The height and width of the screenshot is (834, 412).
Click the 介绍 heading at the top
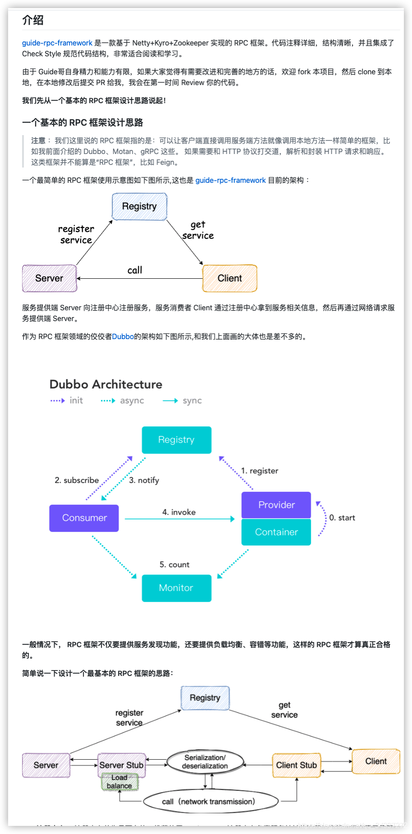33,20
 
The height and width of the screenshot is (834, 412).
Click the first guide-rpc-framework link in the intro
57,43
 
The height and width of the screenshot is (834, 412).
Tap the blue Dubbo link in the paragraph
123,337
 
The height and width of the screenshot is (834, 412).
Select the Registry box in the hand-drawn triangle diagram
139,207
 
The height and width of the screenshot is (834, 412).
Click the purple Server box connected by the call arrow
50,278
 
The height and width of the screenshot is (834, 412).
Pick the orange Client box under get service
230,278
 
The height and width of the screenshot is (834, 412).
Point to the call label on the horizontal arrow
135,270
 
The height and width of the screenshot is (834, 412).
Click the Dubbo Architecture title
106,384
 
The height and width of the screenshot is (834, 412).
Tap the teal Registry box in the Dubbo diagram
176,440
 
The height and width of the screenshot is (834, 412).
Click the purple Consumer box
84,518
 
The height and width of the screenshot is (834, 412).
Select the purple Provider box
276,505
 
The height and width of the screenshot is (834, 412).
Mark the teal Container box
276,532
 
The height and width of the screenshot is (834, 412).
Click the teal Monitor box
176,588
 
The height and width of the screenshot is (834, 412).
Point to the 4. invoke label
179,512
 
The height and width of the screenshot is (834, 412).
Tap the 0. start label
342,518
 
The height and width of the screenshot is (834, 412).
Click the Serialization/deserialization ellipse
205,762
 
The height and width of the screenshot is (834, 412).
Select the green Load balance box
119,782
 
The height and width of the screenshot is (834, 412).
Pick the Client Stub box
297,765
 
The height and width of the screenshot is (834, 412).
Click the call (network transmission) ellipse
210,802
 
